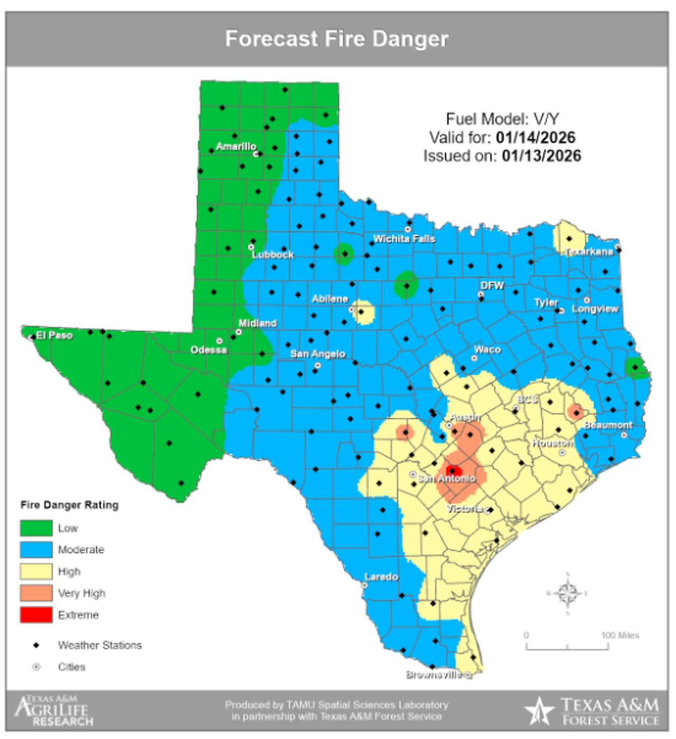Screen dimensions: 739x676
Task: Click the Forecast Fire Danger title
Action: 336,39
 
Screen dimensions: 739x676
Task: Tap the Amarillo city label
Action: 236,146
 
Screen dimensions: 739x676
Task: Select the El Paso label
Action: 54,335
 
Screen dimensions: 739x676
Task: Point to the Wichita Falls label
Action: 404,239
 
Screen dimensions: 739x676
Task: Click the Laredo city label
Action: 381,576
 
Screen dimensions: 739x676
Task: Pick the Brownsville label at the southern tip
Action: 434,675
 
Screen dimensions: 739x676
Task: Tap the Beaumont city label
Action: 607,425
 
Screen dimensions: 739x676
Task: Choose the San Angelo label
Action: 318,353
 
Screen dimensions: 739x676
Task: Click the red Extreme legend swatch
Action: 36,615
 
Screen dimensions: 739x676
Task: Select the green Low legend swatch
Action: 36,528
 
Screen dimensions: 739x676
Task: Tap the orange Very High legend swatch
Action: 36,593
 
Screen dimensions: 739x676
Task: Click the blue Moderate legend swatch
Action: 36,549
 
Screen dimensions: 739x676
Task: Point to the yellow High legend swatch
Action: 36,572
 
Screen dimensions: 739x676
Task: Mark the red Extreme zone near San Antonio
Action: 454,471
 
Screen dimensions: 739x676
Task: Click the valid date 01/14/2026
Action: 536,137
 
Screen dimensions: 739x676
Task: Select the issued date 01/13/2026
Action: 541,156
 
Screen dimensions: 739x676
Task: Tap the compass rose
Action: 567,593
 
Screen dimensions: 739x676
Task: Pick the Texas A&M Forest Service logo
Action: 592,711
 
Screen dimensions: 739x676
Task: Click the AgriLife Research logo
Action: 53,711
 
